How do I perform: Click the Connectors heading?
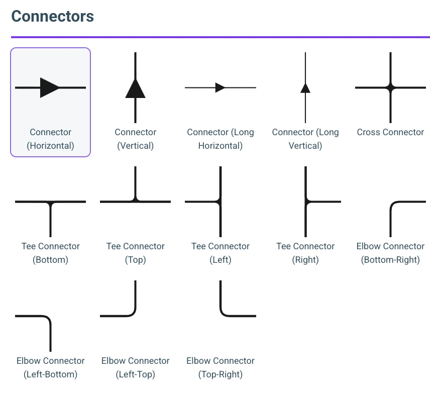[x=52, y=16]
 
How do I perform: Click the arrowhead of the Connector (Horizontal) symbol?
[x=49, y=87]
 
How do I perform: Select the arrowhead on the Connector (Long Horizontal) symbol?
[x=219, y=87]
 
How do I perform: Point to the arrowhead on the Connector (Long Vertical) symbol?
[x=305, y=88]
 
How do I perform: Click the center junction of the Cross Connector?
[x=390, y=87]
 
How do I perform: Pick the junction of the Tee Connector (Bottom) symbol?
[x=50, y=203]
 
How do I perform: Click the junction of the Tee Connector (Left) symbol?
[x=219, y=202]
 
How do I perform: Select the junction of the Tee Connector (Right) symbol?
[x=306, y=202]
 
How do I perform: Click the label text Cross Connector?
[x=390, y=132]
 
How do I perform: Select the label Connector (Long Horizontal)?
[x=221, y=139]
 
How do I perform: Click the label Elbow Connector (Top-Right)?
[x=221, y=367]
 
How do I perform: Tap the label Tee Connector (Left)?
[x=221, y=253]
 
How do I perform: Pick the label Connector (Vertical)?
[x=136, y=139]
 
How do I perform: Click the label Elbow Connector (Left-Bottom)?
[x=51, y=367]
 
